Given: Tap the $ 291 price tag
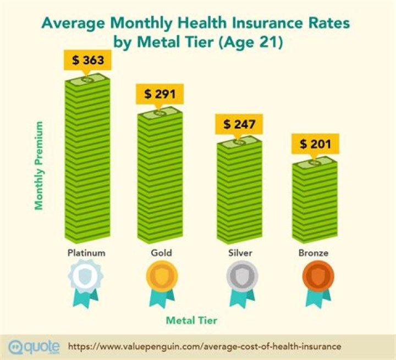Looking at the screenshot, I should [x=159, y=94].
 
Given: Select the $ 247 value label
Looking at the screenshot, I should [x=239, y=124].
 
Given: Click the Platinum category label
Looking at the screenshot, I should [x=86, y=253].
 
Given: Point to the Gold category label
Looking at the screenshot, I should [x=161, y=253].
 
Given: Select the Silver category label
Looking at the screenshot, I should [x=240, y=253].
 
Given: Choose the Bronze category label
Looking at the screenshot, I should [x=315, y=253].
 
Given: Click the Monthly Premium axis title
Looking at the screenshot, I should [x=39, y=165].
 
